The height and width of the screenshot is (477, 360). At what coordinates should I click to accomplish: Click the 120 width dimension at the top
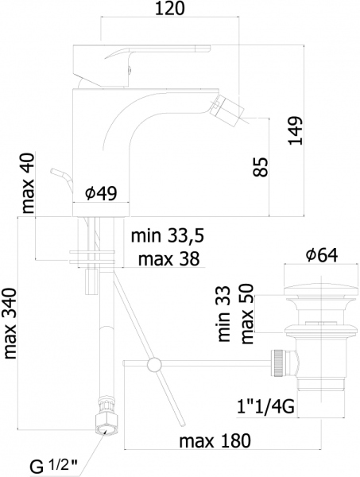point(170,9)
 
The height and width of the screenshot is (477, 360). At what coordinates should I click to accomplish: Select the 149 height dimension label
point(296,130)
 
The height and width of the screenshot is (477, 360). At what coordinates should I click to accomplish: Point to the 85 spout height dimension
point(261,167)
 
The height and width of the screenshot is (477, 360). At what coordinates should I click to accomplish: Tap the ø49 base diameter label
point(101,193)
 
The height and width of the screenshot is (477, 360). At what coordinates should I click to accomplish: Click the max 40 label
point(29,183)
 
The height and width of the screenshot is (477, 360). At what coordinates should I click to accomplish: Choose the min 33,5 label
point(167,236)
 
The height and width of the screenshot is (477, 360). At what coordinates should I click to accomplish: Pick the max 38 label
point(168,259)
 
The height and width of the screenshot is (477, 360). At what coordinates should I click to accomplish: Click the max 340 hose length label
point(10,323)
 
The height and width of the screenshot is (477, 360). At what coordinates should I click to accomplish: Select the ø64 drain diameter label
point(322,255)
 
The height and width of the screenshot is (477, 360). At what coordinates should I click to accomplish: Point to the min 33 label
point(224,314)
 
